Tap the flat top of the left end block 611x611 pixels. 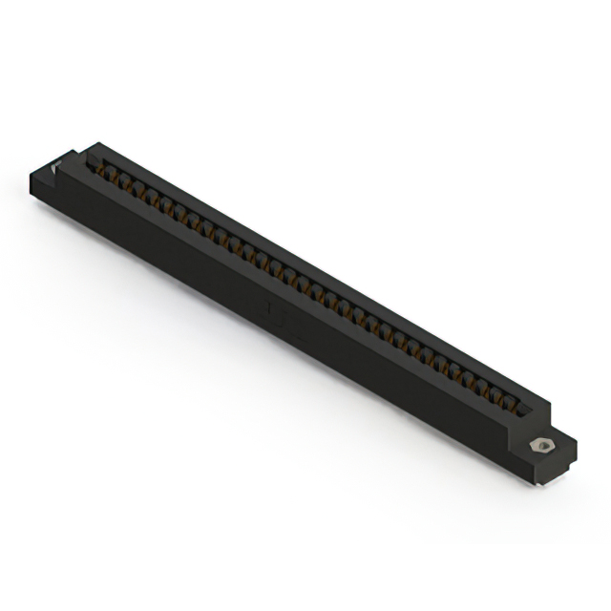coord(48,172)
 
